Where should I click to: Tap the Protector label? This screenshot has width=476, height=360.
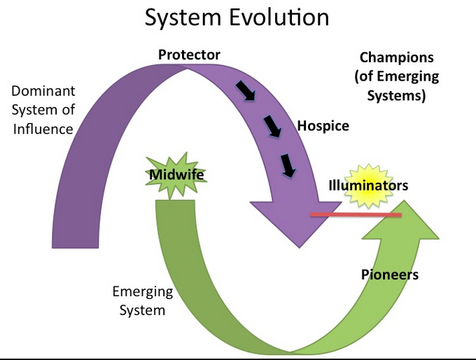coord(189,55)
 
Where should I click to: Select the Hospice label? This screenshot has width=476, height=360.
coord(323,127)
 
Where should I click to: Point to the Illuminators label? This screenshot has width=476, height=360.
coord(367,186)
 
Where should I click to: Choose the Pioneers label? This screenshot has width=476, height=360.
coord(390,274)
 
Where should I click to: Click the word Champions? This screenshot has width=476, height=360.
coord(396,57)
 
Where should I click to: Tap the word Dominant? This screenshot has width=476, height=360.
coord(43,92)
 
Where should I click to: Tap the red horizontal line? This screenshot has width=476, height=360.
coord(355,214)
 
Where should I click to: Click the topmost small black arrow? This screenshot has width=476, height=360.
coord(245,91)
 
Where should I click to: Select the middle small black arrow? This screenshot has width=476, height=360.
coord(271,127)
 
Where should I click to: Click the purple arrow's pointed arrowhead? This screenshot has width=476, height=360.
coord(300,231)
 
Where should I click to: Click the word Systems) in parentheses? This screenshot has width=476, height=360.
coord(396,95)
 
